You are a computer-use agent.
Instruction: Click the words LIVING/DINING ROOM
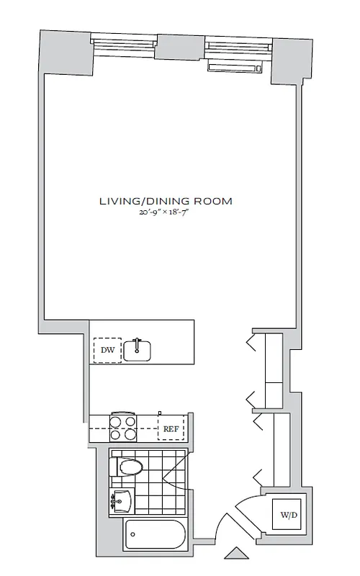(x=166, y=201)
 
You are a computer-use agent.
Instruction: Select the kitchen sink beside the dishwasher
(x=137, y=350)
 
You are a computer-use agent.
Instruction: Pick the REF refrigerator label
(x=171, y=428)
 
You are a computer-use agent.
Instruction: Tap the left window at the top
(x=123, y=47)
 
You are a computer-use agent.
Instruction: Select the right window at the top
(x=237, y=47)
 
